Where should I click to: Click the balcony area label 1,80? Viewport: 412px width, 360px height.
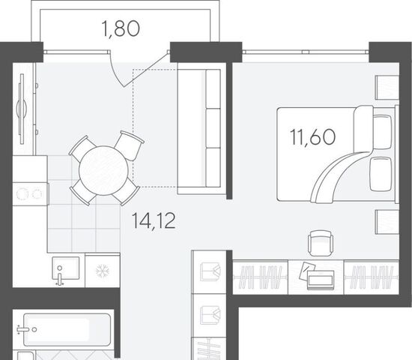coord(121,28)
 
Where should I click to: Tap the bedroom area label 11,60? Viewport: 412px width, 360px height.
coord(312,136)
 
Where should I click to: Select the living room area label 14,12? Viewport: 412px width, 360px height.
coord(154,220)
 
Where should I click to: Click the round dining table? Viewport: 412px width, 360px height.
coord(103,170)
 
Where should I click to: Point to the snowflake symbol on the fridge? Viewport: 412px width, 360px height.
coord(103,271)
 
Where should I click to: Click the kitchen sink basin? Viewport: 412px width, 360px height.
coord(66,268)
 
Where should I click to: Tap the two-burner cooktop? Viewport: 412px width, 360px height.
coord(30,194)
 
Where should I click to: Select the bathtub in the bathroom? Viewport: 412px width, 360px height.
coord(67,329)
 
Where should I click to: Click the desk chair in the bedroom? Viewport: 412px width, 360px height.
coord(321,243)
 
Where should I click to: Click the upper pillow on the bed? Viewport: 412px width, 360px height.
coord(382,131)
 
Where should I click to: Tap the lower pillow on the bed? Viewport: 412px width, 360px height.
coord(381,174)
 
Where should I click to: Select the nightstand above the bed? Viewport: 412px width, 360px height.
coord(387,87)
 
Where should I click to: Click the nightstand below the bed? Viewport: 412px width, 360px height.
coord(387,222)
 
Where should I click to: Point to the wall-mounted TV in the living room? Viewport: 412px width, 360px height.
coord(22,109)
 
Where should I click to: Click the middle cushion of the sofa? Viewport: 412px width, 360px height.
coord(213,128)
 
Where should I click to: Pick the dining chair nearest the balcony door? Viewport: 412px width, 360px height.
coord(130,145)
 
